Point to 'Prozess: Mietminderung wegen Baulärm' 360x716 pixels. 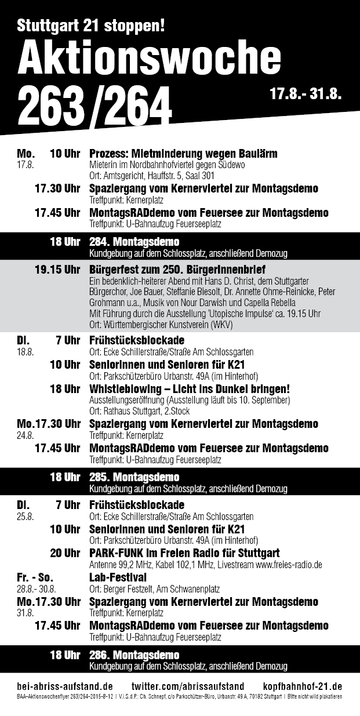[x=183, y=154]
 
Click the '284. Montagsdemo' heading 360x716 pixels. [x=134, y=242]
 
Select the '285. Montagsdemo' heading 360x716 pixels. [x=134, y=477]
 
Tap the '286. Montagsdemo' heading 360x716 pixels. [x=134, y=655]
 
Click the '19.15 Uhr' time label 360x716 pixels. [x=57, y=270]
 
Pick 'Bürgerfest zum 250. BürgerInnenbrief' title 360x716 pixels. [x=177, y=270]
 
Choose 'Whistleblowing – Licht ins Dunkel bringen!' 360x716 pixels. [x=190, y=388]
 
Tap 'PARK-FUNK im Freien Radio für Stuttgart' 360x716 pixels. [x=184, y=553]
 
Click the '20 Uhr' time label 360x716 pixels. [x=65, y=553]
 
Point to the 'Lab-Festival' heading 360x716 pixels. [x=118, y=577]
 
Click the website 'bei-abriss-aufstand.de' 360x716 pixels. [x=64, y=686]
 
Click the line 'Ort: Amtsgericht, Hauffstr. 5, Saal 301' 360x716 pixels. [x=152, y=176]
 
